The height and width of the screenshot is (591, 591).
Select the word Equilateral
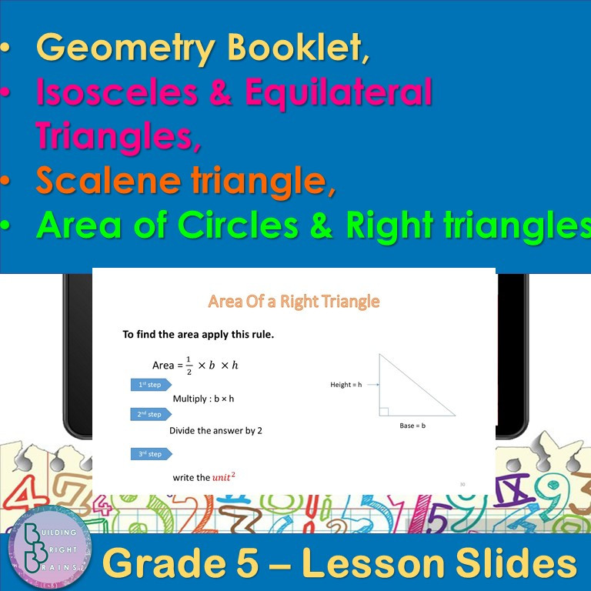coord(338,92)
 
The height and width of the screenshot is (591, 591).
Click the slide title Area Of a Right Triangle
coord(293,301)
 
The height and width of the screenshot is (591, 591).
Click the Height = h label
coord(345,384)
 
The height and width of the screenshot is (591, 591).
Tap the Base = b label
coord(412,426)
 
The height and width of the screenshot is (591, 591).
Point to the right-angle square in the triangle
coord(383,411)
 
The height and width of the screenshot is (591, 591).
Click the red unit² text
coord(223,476)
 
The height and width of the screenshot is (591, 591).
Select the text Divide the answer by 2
coord(215,431)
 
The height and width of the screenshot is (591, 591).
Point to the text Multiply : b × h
coord(203,399)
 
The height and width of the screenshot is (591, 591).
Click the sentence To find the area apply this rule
coord(198,335)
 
